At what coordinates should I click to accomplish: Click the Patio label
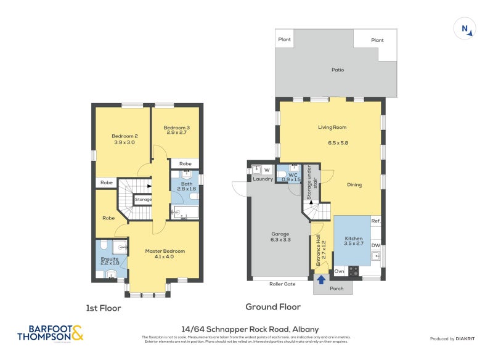pos(337,70)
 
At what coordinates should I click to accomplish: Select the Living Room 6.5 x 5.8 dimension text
pos(338,143)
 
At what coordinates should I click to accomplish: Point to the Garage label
pos(280,234)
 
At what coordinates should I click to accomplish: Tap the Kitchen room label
pos(354,239)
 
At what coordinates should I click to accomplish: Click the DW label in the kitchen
pos(375,245)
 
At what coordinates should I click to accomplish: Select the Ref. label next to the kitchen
pos(375,221)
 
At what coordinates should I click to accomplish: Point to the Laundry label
pos(263,179)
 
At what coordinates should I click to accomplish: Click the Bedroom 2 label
pos(124,136)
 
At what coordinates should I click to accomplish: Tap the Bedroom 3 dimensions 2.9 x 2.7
pos(176,133)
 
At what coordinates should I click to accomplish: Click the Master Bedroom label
pos(165,251)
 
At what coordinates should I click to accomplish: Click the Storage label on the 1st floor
pos(143,200)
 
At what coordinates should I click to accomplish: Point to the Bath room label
pos(185,183)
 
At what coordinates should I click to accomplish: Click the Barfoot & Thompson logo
pos(50,333)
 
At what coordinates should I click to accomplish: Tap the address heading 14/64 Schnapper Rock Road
pos(250,329)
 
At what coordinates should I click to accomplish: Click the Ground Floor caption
pos(272,306)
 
